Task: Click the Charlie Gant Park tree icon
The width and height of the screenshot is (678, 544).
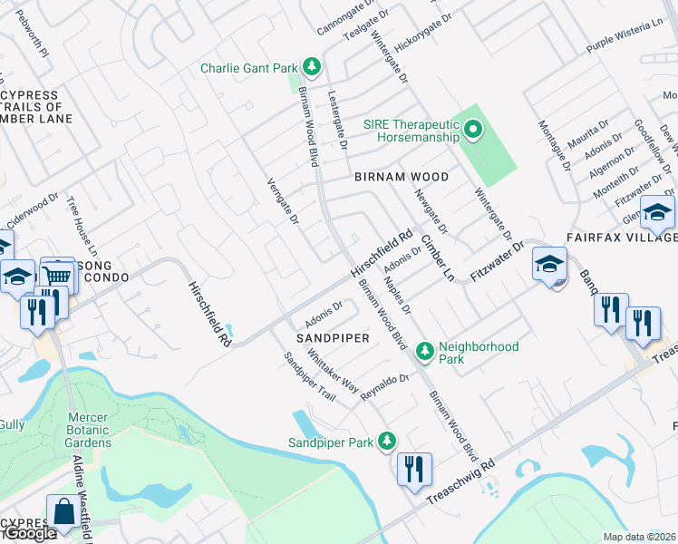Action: (312, 67)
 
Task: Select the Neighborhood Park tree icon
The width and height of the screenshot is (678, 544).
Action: (424, 352)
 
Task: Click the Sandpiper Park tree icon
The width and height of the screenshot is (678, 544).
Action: (387, 442)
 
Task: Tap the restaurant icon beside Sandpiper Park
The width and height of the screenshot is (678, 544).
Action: (413, 469)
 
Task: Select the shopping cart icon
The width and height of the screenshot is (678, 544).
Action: (57, 274)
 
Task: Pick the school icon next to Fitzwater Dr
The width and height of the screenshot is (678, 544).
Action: (549, 264)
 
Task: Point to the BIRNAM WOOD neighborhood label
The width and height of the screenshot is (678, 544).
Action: (401, 177)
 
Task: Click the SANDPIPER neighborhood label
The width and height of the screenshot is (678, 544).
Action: (334, 337)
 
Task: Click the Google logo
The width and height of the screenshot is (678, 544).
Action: (29, 533)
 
